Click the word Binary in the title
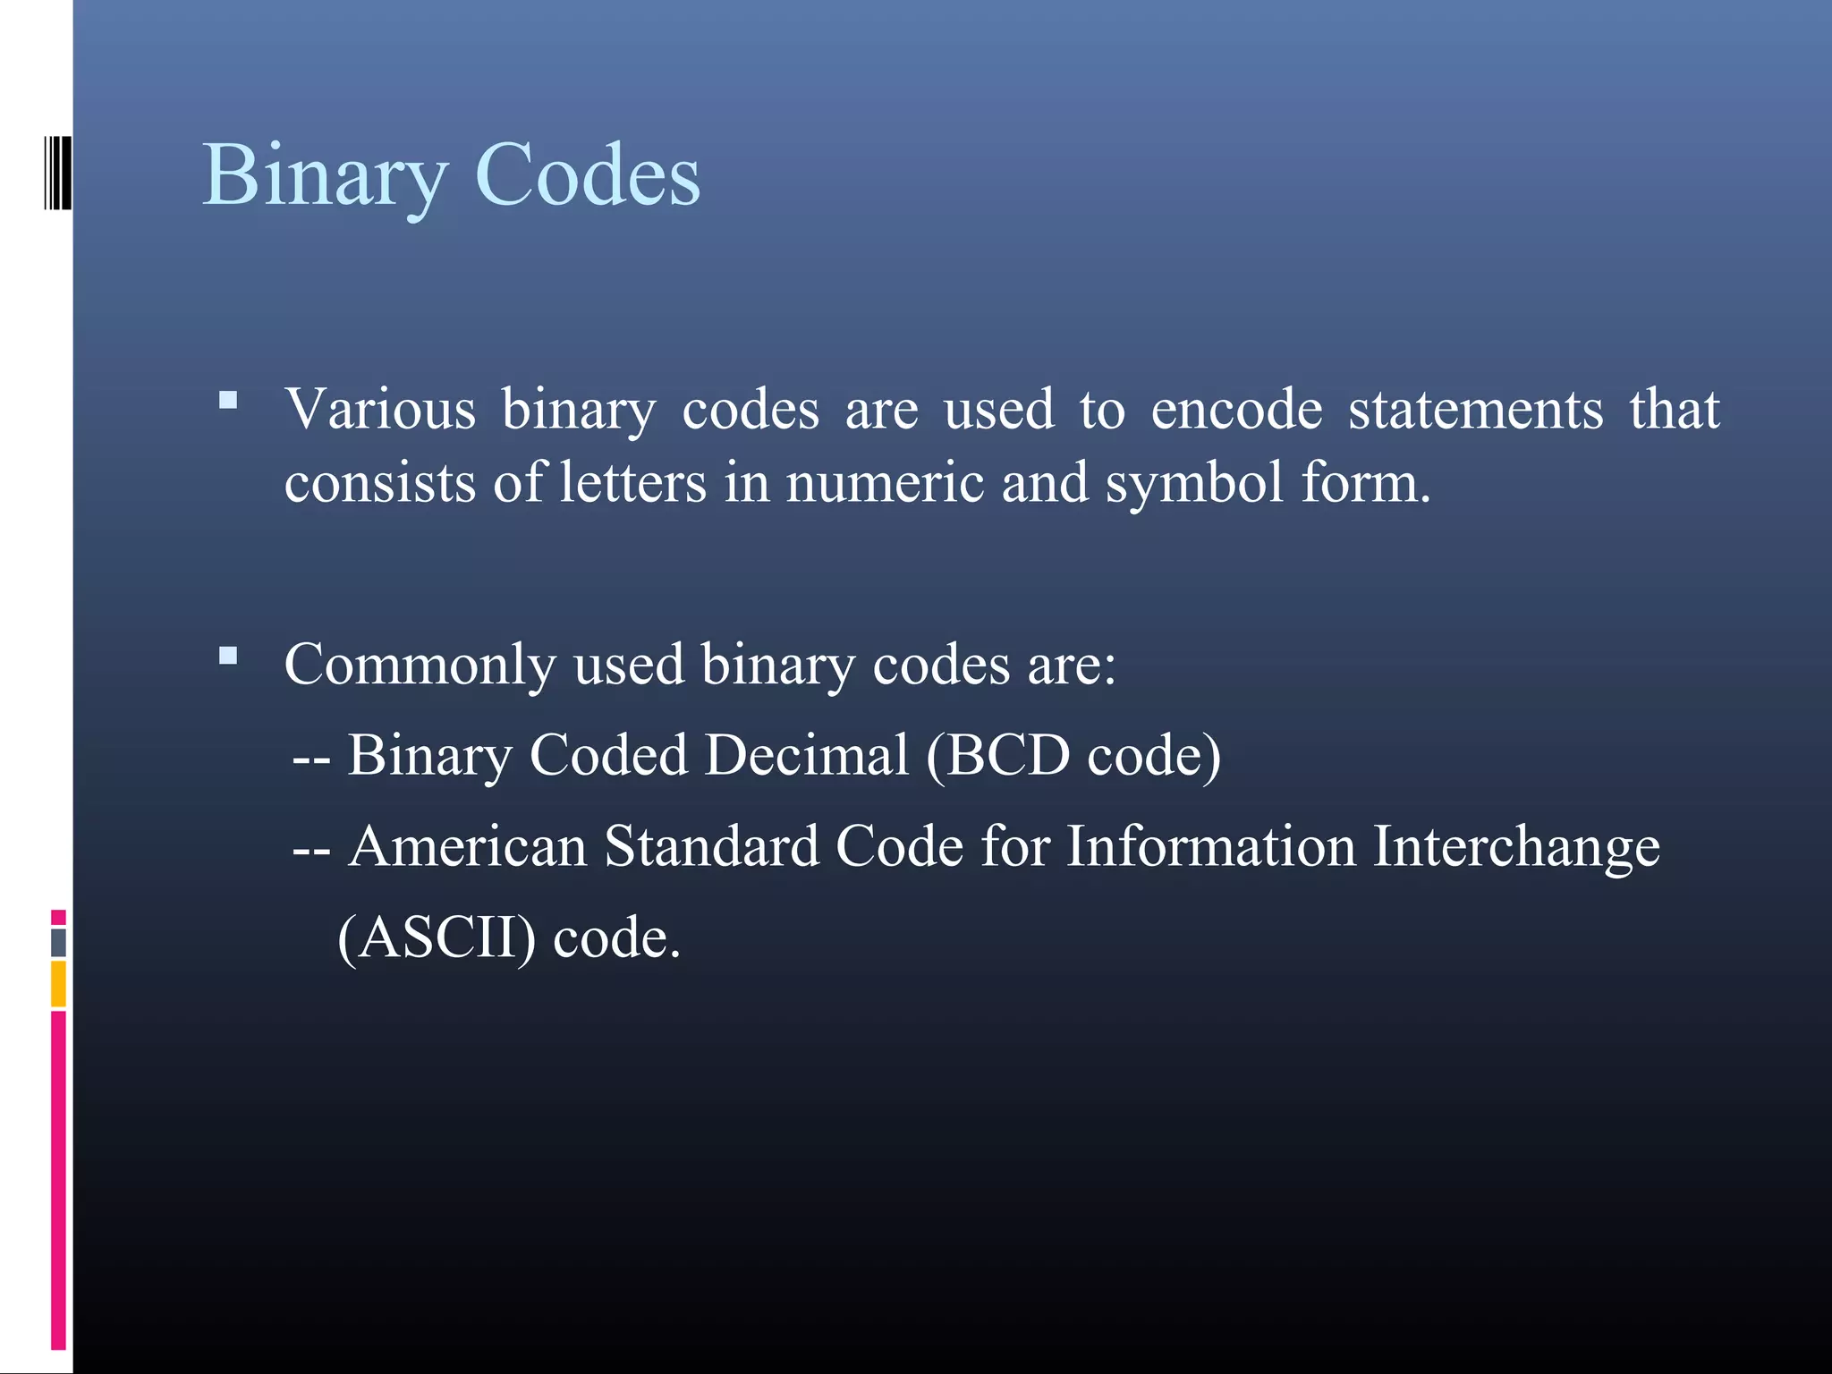[x=324, y=176]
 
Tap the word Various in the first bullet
[x=380, y=410]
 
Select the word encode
[x=1236, y=410]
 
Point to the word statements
[x=1475, y=410]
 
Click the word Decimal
[x=806, y=755]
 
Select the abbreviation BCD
[x=1007, y=755]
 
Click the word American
[x=468, y=846]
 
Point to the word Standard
[x=711, y=846]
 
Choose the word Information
[x=1211, y=846]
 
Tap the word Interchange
[x=1516, y=848]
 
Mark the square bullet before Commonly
[x=228, y=657]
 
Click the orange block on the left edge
[x=58, y=983]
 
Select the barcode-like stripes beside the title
[x=58, y=173]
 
